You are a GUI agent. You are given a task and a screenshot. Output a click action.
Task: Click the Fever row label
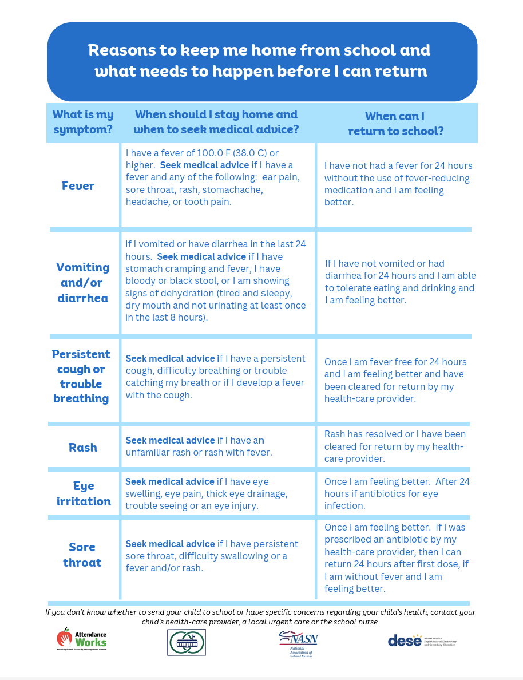coord(78,186)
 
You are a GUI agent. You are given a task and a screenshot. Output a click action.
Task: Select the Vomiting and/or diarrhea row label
coord(83,283)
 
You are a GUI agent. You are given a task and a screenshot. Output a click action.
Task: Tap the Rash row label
coord(83,448)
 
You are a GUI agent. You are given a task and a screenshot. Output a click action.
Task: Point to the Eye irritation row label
coord(84,493)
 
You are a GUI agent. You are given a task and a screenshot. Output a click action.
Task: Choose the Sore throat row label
coord(82,555)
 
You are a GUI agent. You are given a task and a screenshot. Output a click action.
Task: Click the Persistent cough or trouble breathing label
coord(81,376)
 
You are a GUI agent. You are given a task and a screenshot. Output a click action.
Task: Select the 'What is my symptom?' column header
coord(83,122)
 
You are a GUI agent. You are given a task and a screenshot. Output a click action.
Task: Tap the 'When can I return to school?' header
coord(395,123)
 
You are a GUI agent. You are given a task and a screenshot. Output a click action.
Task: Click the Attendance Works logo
coord(81,639)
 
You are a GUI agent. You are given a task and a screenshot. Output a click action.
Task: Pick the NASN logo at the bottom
coord(298,643)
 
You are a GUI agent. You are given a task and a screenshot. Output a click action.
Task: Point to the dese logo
coord(422,640)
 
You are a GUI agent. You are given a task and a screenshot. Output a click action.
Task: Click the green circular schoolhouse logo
coord(187,642)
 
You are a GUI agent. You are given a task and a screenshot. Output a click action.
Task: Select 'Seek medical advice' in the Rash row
coord(170,440)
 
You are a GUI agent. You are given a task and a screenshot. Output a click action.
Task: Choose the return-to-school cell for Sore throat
coord(396,558)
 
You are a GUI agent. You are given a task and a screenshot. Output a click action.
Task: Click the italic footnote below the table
coord(261,616)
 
